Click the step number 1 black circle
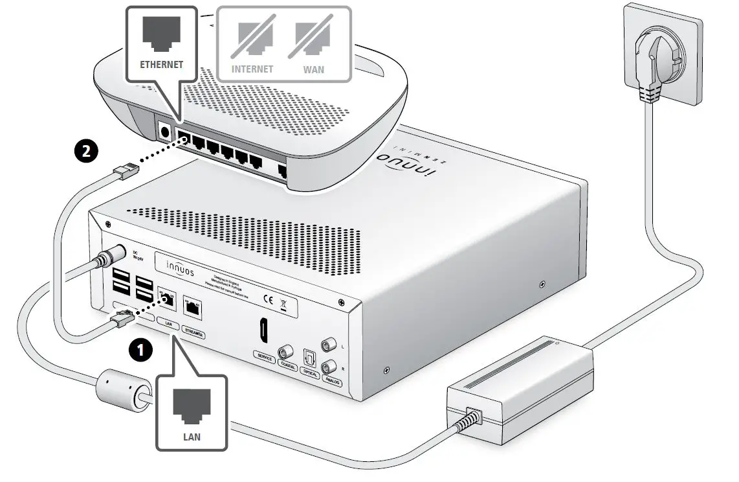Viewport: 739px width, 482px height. click(141, 350)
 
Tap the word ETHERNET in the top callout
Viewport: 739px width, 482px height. click(162, 65)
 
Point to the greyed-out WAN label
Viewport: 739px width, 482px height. click(314, 68)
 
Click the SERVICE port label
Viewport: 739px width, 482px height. click(265, 357)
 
